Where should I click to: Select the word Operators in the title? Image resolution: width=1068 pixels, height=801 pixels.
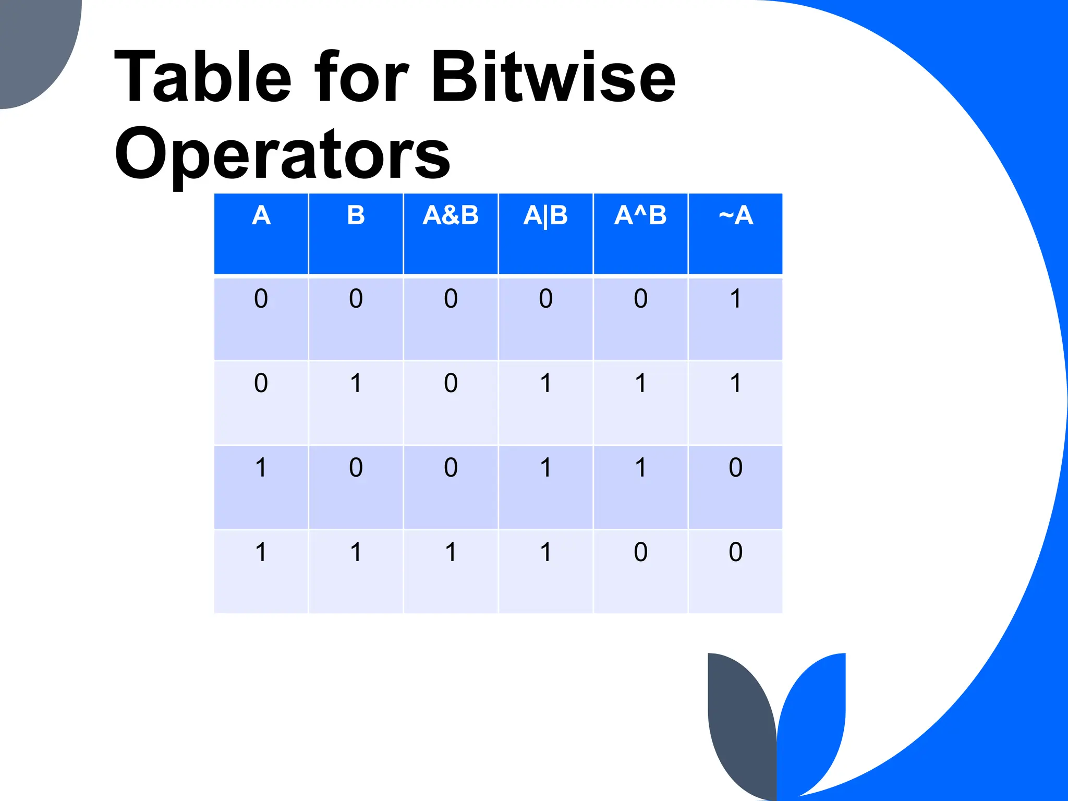tap(282, 154)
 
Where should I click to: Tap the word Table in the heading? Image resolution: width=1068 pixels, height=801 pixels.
tap(203, 77)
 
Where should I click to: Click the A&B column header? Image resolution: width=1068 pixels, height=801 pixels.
tap(451, 215)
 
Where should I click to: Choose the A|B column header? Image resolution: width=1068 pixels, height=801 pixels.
tap(545, 215)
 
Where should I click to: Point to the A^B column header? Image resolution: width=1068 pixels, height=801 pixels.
tap(640, 215)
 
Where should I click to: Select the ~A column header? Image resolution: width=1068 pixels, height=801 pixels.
tap(735, 215)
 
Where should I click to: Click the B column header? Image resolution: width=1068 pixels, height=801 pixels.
tap(356, 215)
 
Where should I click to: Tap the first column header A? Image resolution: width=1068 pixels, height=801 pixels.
tap(261, 215)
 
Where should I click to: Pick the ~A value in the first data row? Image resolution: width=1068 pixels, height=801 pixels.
tap(735, 299)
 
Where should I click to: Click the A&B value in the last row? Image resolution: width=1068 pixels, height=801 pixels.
tap(451, 552)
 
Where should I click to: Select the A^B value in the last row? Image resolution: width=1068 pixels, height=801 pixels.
tap(640, 552)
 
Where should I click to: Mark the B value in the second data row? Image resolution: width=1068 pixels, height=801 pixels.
tap(356, 383)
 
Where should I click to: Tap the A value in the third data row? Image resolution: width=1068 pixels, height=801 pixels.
tap(261, 467)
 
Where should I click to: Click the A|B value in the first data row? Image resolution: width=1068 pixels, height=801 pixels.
tap(545, 299)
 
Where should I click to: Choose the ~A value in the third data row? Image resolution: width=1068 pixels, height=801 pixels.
tap(735, 467)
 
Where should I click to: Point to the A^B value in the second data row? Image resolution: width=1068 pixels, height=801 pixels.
tap(640, 383)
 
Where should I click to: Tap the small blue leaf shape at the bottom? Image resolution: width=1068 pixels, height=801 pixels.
tap(814, 720)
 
